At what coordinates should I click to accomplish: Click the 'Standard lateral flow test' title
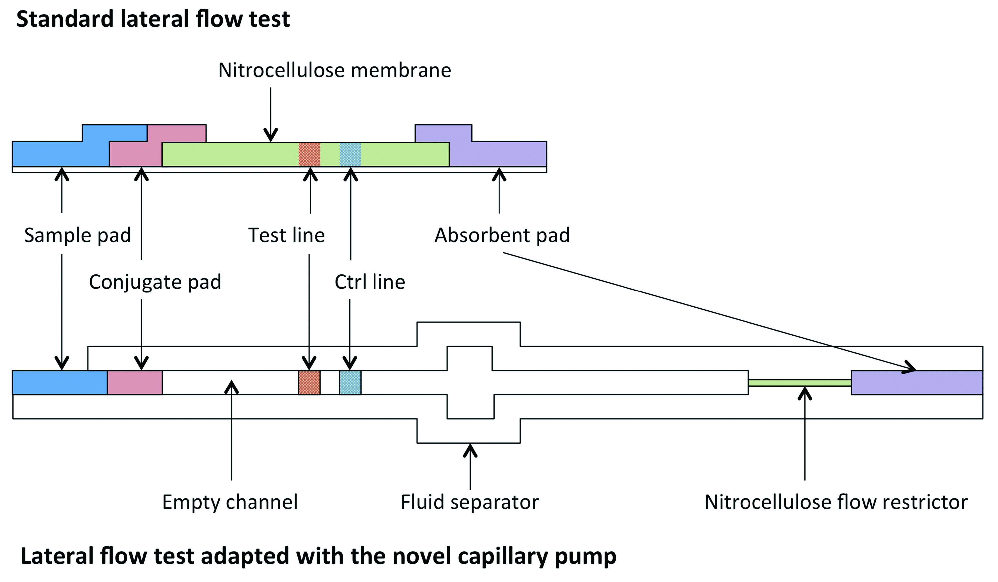click(x=153, y=19)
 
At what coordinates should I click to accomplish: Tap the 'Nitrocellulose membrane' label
click(x=335, y=70)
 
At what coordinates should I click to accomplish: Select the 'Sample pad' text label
click(x=78, y=235)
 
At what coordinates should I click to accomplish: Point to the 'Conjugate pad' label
click(x=155, y=282)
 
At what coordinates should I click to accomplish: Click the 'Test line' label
click(x=286, y=235)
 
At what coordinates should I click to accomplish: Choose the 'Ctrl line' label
click(x=370, y=282)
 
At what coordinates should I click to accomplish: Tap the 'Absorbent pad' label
click(x=502, y=235)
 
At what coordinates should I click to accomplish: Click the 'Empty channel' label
click(x=230, y=502)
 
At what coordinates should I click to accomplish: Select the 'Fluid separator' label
click(x=470, y=502)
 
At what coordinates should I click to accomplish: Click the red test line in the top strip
click(x=309, y=154)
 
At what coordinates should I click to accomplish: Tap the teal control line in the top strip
click(x=350, y=154)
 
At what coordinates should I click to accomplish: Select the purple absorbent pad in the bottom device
click(x=917, y=383)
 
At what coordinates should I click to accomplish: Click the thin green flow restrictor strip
click(x=800, y=383)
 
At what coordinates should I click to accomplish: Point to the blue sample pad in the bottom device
click(x=60, y=383)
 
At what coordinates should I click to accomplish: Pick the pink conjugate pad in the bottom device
click(x=135, y=383)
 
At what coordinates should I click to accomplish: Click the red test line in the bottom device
click(x=309, y=383)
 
